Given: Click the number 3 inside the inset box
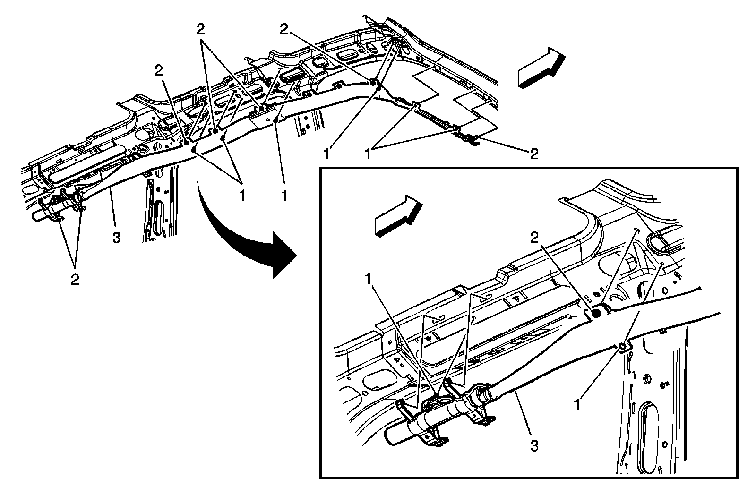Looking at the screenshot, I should pos(534,445).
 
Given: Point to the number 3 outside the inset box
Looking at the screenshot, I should pos(116,238).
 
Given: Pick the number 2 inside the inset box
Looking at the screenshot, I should pos(534,239).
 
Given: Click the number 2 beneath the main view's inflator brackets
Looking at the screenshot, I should pos(75,279).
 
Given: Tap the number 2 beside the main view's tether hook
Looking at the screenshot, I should pos(534,154).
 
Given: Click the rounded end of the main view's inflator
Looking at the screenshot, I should pos(36,215).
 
